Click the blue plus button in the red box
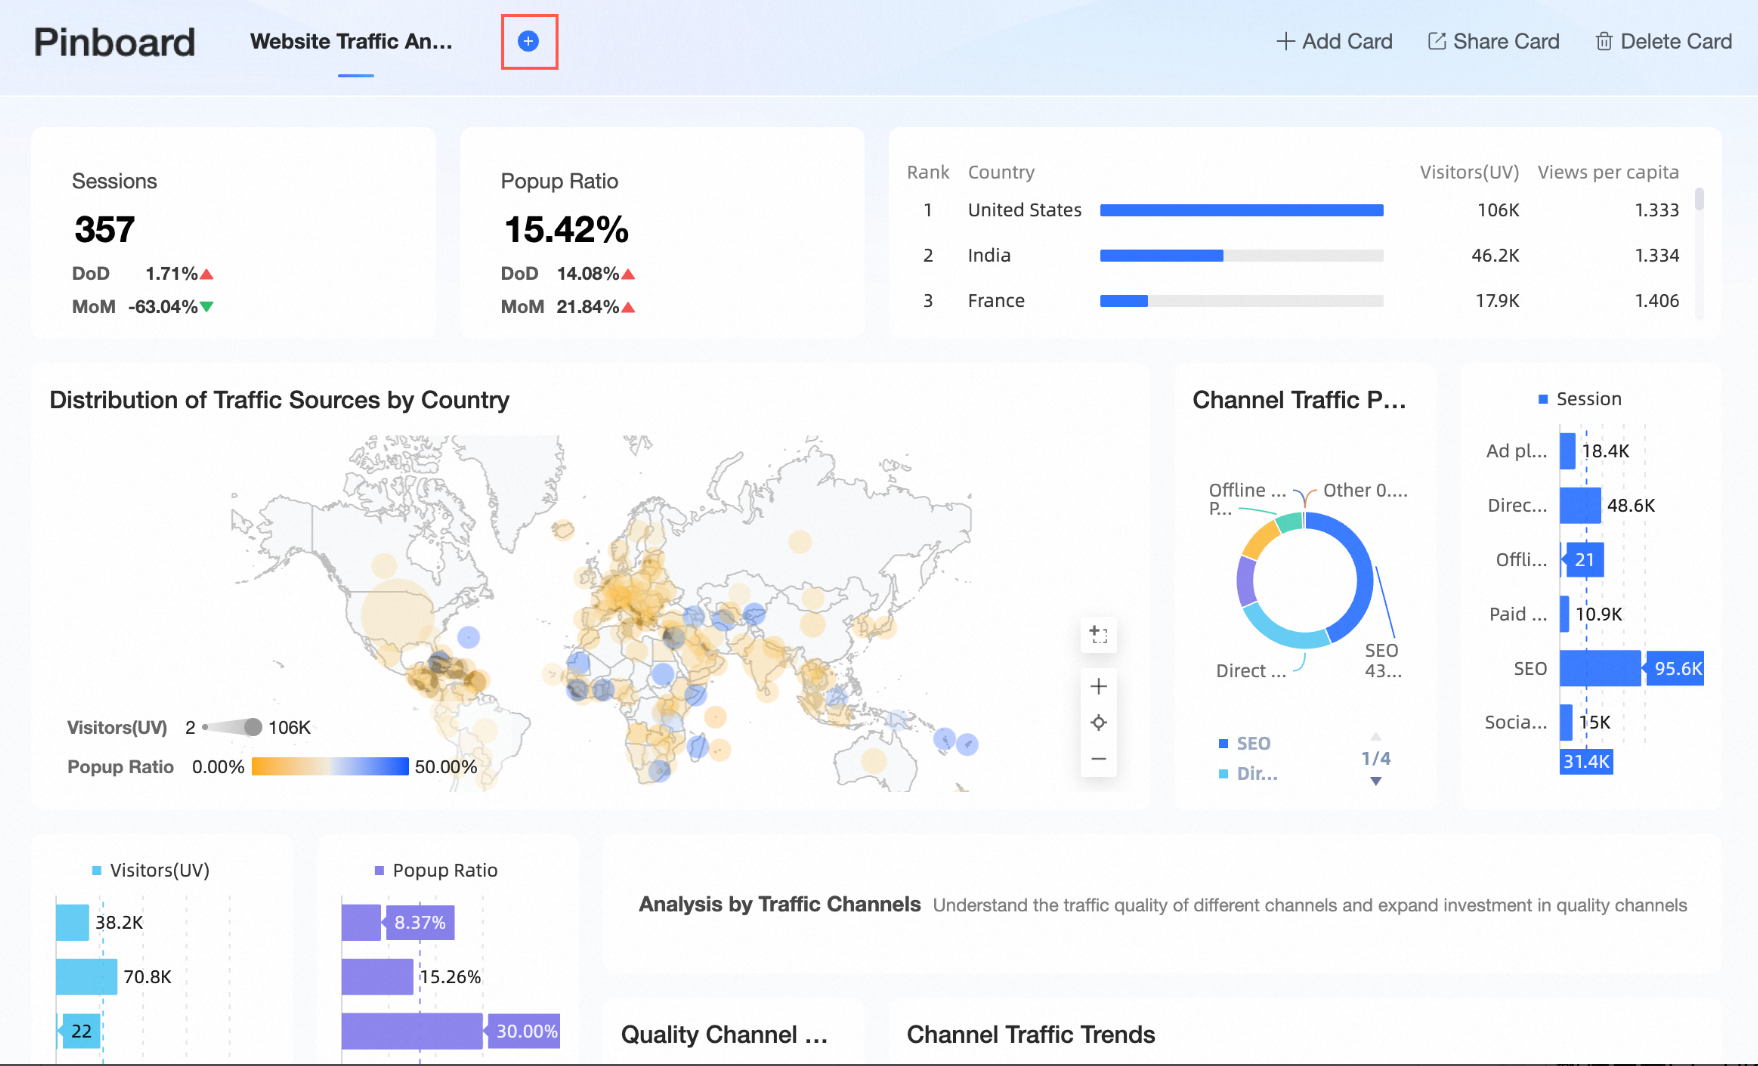(529, 41)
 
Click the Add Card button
(1334, 41)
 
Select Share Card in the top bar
(1493, 41)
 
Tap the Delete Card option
(1663, 41)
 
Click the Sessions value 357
(105, 230)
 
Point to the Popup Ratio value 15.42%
(566, 230)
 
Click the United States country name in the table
(1024, 210)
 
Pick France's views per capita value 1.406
(1656, 301)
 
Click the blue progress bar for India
(1161, 256)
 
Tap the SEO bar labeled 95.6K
(1600, 668)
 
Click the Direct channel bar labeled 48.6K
(1580, 506)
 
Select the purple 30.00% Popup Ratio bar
(412, 1031)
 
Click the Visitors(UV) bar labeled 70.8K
(86, 977)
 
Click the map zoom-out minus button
(1098, 759)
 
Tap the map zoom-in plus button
(1098, 686)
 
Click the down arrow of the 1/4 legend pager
(1376, 781)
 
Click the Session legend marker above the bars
(1543, 399)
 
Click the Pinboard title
(115, 42)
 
